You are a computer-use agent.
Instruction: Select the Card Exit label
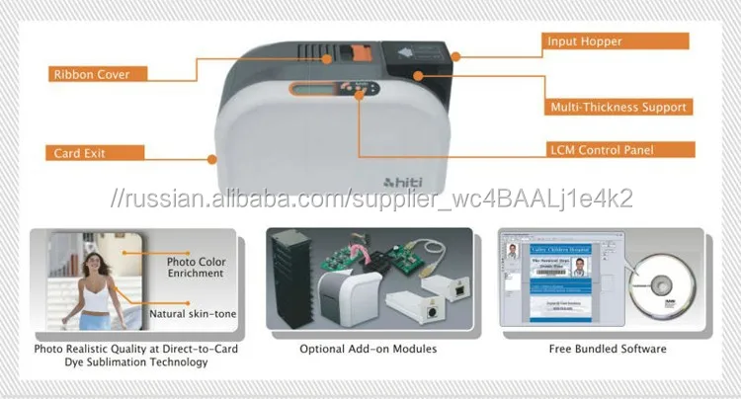(x=81, y=153)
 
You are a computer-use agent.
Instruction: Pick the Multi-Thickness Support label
(x=617, y=106)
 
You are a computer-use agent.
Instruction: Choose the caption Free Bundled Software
(x=607, y=349)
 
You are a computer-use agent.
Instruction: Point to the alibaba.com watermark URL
(x=370, y=199)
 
